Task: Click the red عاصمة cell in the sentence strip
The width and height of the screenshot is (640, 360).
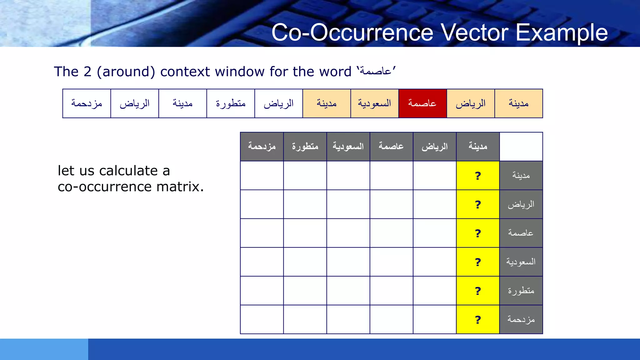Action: coord(422,103)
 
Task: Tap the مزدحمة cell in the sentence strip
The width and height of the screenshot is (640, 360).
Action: coord(87,103)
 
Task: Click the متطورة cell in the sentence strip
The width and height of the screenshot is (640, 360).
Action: coord(231,103)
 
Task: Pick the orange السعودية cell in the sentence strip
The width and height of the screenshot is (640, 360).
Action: coord(374,103)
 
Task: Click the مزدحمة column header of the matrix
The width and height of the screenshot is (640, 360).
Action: coord(262,147)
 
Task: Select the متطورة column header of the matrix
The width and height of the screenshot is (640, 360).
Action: coord(305,147)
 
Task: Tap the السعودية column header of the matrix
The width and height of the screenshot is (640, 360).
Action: coord(348,147)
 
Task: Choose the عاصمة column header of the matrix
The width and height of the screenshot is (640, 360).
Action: coord(391,147)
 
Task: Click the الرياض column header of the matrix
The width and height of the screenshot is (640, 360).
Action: coord(434,147)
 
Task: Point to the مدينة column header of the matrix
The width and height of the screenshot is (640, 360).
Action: coord(478,147)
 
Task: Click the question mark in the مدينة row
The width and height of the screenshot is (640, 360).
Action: coord(478,176)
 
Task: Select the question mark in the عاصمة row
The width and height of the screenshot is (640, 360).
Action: coord(478,233)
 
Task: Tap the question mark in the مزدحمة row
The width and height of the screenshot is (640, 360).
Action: coord(478,320)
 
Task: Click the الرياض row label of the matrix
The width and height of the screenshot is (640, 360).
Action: coord(521,204)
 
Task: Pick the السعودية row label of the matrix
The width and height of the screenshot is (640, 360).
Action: coord(521,262)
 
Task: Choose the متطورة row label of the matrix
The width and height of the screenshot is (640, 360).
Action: coord(521,291)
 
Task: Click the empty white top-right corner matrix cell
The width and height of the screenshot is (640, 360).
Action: coord(521,147)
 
